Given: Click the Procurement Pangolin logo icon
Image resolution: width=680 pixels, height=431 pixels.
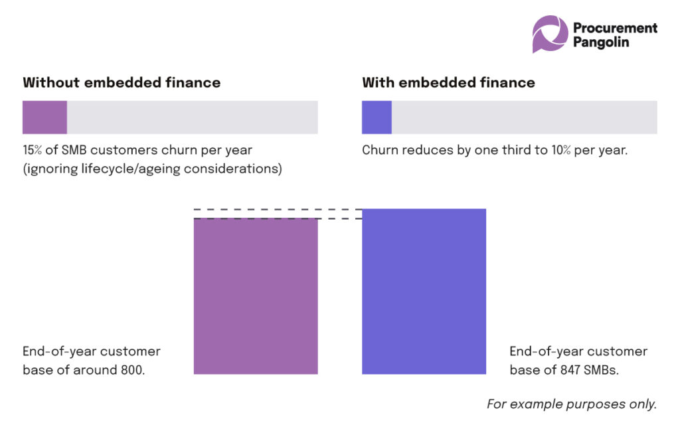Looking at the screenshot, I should pyautogui.click(x=550, y=34).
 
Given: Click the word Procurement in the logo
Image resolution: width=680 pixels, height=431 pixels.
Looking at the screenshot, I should pyautogui.click(x=615, y=27).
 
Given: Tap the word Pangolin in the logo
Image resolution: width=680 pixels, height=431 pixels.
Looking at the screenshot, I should pyautogui.click(x=601, y=42).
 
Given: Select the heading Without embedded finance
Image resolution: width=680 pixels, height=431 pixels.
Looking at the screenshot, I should pyautogui.click(x=122, y=83).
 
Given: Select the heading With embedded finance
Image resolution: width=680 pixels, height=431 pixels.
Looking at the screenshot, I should pyautogui.click(x=448, y=83).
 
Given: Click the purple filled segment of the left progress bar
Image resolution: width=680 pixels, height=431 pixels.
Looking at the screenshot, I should pyautogui.click(x=44, y=118).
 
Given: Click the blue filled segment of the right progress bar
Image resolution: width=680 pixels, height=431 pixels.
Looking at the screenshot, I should pyautogui.click(x=377, y=118).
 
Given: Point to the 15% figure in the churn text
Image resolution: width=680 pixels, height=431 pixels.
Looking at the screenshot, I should pyautogui.click(x=33, y=151).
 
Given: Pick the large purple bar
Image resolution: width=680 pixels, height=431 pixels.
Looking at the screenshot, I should pyautogui.click(x=256, y=296).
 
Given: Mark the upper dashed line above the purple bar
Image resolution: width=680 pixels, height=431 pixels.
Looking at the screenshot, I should pyautogui.click(x=278, y=210).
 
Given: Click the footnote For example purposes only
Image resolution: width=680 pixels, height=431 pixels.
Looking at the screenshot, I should pyautogui.click(x=572, y=404).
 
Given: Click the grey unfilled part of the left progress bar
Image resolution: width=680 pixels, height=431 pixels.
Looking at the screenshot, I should pyautogui.click(x=192, y=118).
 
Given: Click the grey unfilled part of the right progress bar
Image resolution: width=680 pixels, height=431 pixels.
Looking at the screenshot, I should pyautogui.click(x=524, y=118).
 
